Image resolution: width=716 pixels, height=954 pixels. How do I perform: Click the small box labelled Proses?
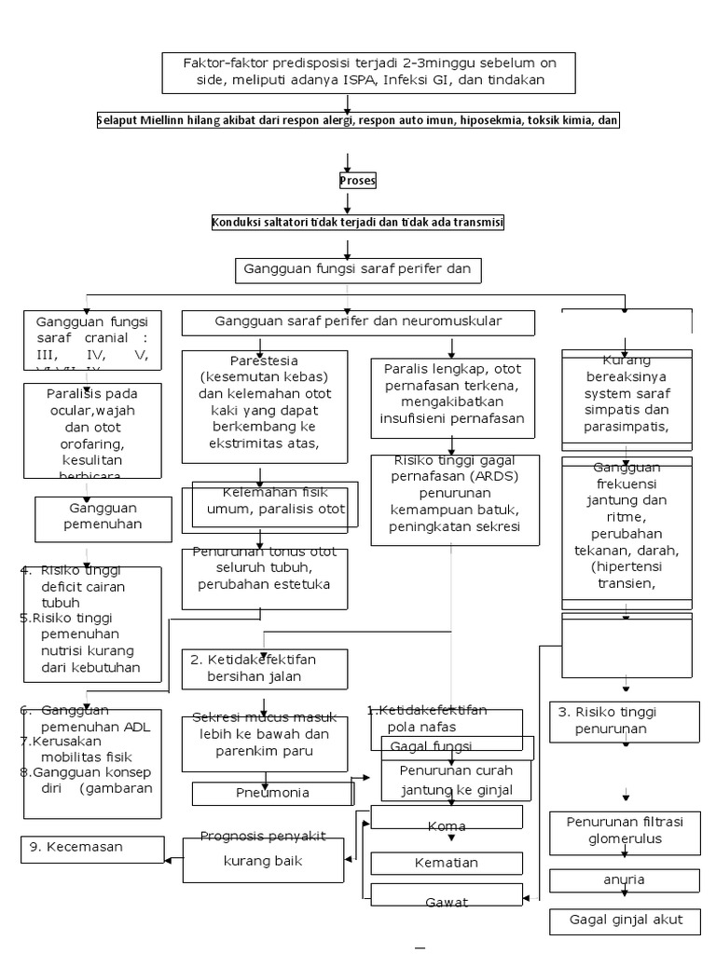pos(357,181)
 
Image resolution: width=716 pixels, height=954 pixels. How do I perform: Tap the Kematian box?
pos(446,864)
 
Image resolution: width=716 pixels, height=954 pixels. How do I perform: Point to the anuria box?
pos(624,879)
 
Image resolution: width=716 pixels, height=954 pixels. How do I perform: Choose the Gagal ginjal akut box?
pos(624,920)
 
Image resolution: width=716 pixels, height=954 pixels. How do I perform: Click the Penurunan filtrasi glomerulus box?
pos(624,829)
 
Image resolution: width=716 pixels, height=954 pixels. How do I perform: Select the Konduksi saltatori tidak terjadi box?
pos(358,223)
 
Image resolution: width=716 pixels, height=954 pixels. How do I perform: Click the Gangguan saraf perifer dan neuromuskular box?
pos(358,321)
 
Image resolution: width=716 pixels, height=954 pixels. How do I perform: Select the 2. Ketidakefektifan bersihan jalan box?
pos(264,669)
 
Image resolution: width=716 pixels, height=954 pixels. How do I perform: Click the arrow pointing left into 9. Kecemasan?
pos(173,848)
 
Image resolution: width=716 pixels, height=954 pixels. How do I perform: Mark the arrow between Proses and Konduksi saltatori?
pos(347,202)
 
